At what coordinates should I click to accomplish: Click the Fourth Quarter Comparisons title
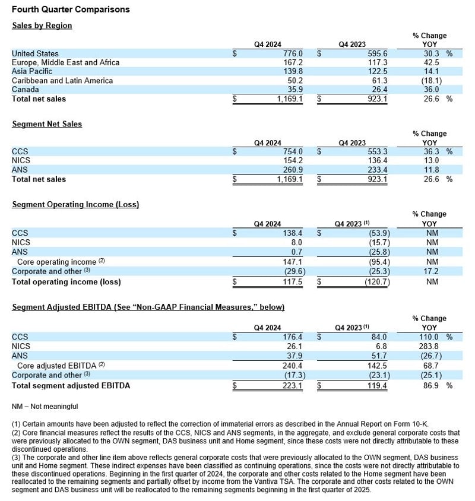71,9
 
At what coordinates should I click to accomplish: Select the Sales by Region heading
42,26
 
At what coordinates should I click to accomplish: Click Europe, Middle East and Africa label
65,62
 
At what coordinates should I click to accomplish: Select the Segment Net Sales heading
47,124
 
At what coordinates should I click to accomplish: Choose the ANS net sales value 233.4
360,170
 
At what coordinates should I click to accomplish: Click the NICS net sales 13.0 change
429,160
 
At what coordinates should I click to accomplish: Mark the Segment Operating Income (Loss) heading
75,204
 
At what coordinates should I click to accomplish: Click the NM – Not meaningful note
45,407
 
